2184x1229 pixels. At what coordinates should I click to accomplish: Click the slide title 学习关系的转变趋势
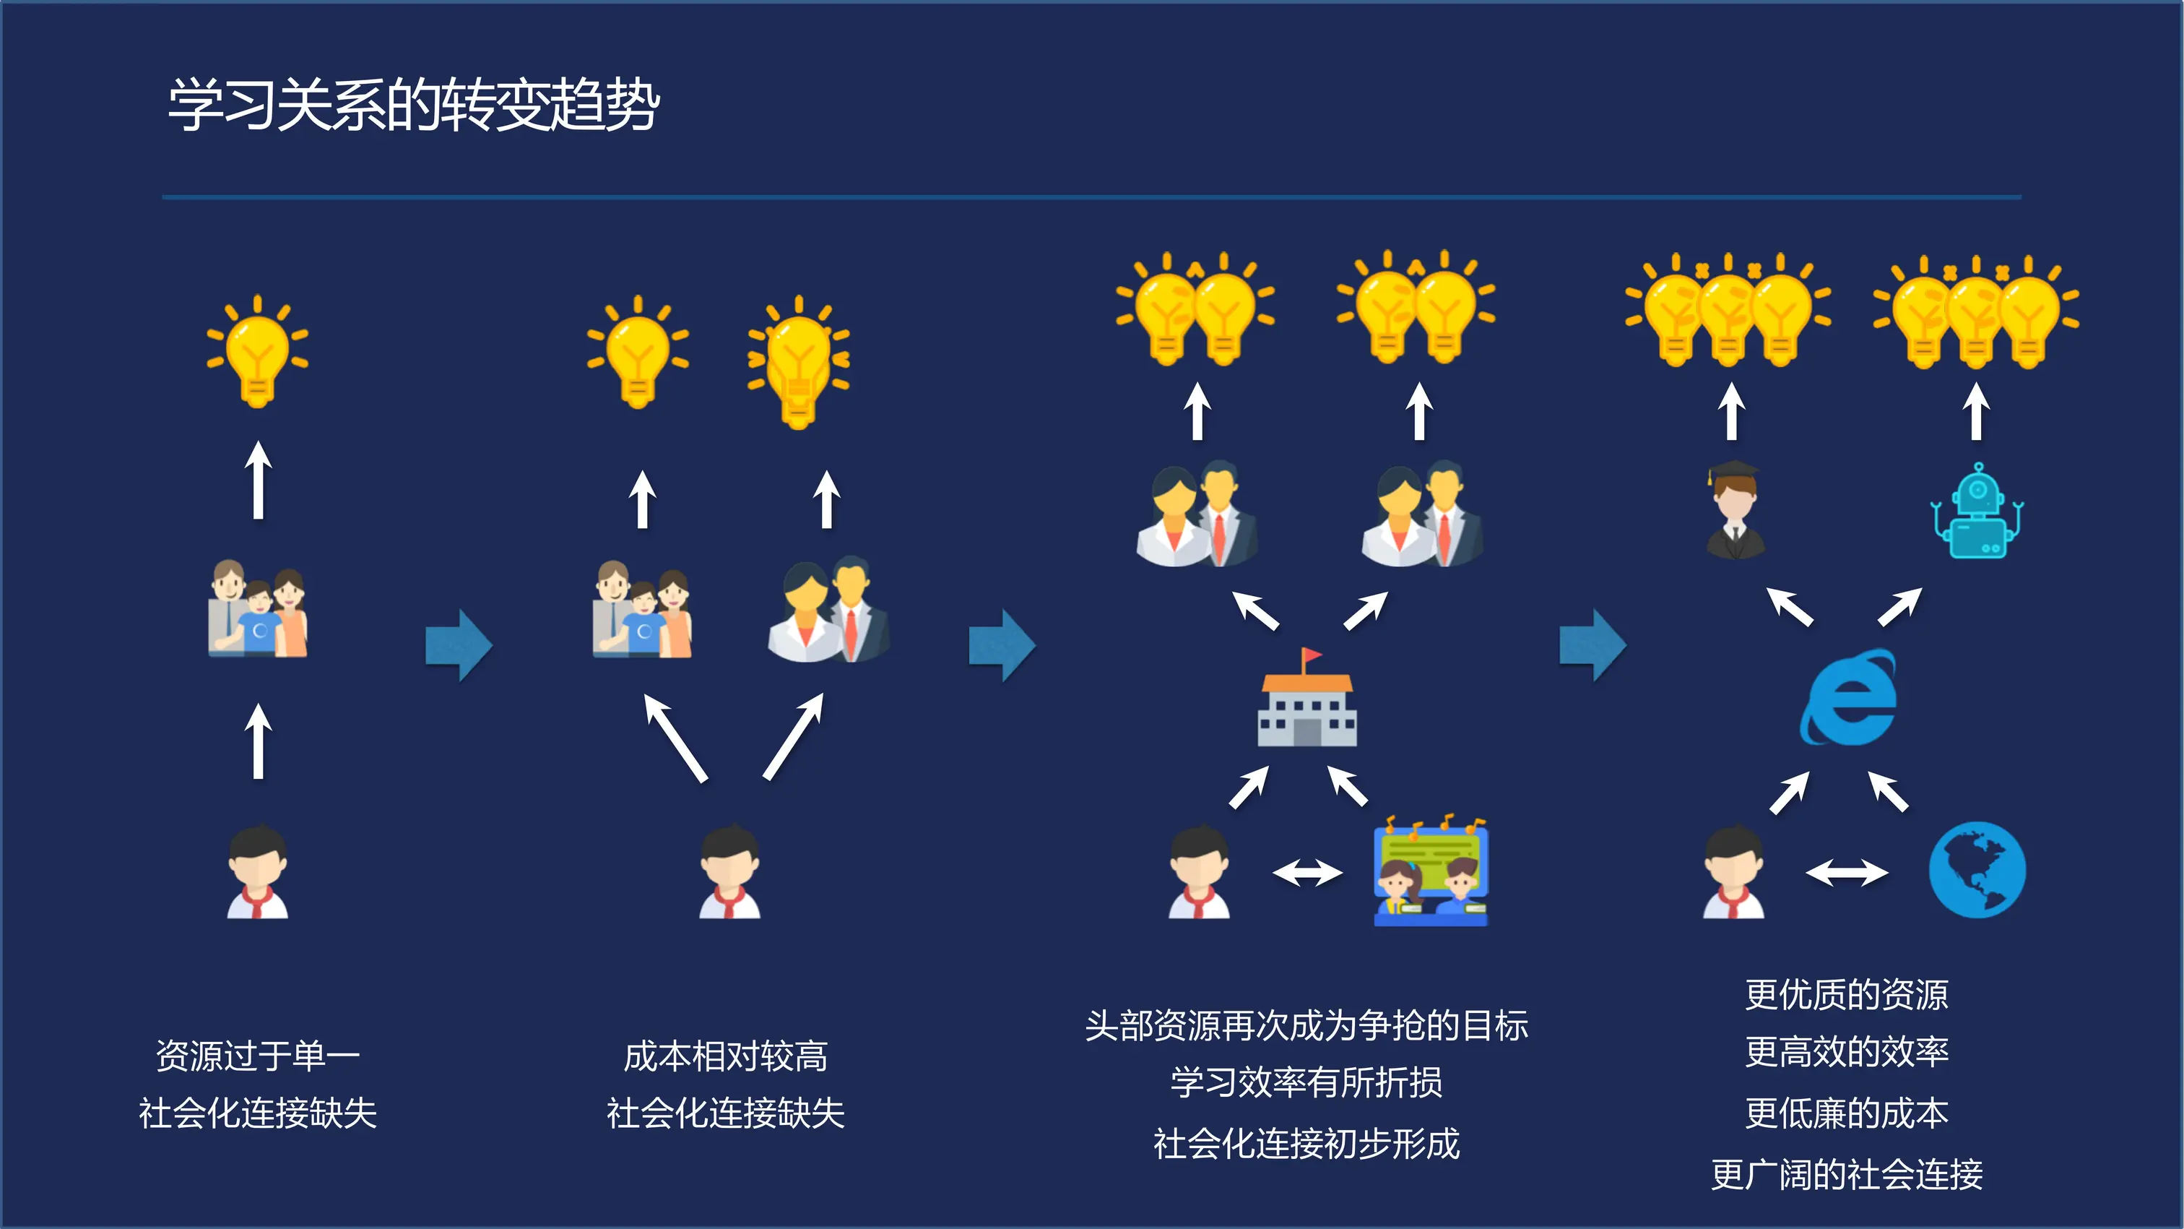tap(414, 105)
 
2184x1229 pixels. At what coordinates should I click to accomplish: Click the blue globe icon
tap(1977, 869)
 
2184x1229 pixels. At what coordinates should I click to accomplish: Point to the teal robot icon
tap(1977, 512)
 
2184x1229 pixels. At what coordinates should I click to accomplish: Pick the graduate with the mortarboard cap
tap(1735, 511)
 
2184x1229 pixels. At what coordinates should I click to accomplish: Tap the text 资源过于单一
tap(258, 1056)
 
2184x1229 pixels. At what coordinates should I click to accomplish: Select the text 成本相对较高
tap(726, 1056)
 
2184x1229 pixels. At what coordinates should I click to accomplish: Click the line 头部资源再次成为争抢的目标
tap(1306, 1025)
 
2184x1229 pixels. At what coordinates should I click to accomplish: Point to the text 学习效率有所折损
tap(1306, 1082)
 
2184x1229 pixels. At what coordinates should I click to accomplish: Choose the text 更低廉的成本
tap(1847, 1113)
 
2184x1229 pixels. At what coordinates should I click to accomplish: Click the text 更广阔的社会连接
tap(1847, 1175)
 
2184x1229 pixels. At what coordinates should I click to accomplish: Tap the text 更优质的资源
tap(1847, 995)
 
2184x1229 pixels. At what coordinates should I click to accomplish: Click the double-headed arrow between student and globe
tap(1847, 872)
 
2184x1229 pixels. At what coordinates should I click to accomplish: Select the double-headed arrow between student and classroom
tap(1307, 872)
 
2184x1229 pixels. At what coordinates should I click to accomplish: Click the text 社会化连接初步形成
tap(1306, 1143)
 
